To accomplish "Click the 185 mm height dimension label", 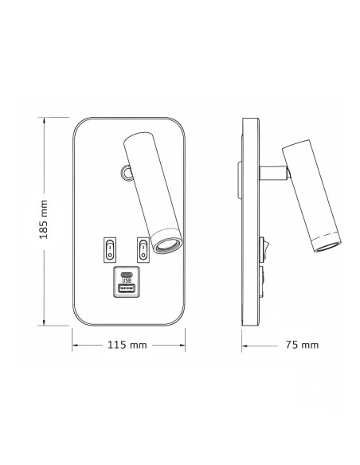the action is [x=44, y=220].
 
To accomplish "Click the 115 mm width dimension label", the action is [x=127, y=345].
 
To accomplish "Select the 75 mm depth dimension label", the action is [x=302, y=345].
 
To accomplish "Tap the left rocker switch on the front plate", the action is [x=110, y=250].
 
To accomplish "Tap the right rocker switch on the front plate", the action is [x=143, y=250].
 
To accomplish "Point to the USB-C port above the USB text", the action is [x=127, y=273].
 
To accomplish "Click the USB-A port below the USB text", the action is [x=127, y=288].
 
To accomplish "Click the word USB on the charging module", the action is [x=127, y=280].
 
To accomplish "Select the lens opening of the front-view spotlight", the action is [x=167, y=245].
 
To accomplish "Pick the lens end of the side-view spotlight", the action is [x=327, y=245].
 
